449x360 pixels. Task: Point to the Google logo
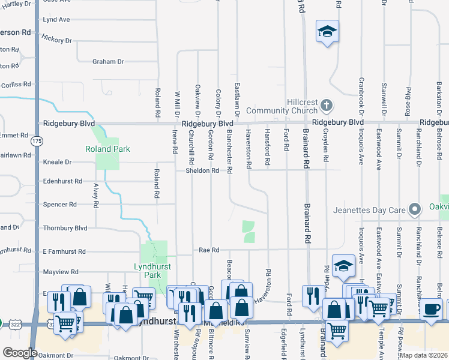[20, 353]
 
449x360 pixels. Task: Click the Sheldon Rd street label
[202, 170]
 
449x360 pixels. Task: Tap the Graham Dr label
[108, 62]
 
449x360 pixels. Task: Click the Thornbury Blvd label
[65, 228]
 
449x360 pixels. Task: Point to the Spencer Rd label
[60, 205]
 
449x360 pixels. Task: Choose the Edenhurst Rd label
[62, 181]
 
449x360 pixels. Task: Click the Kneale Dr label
[58, 162]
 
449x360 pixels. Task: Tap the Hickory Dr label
[57, 40]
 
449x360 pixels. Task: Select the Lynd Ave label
[56, 20]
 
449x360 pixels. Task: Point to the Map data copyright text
[423, 355]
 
